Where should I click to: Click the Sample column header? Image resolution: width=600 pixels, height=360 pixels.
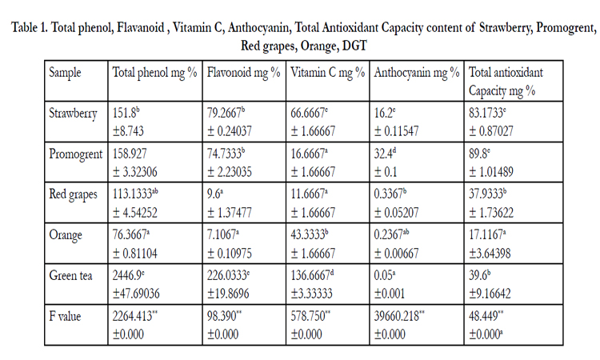click(x=65, y=73)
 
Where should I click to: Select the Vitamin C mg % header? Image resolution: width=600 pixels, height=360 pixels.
click(x=327, y=73)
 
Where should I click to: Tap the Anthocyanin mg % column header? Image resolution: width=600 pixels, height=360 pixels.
click(x=417, y=73)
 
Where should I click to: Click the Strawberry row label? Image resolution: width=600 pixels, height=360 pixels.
click(x=73, y=114)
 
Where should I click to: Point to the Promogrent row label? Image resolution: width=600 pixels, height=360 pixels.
click(x=76, y=154)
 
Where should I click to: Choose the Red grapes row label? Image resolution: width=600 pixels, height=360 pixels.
click(x=73, y=194)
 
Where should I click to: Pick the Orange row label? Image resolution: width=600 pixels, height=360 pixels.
click(x=66, y=235)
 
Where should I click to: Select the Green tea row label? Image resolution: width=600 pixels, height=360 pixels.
click(x=70, y=276)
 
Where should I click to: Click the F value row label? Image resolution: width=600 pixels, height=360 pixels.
click(x=65, y=316)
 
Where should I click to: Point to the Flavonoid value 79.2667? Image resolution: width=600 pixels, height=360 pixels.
click(x=224, y=114)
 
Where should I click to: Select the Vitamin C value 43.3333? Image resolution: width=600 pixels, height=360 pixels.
click(x=308, y=235)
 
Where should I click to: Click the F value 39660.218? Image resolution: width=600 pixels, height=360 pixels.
click(x=397, y=316)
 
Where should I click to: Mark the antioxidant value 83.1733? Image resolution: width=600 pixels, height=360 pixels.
click(x=486, y=114)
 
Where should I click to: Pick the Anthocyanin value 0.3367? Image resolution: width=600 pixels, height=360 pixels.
click(x=388, y=194)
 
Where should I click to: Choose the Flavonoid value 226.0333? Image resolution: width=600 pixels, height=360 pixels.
click(x=227, y=275)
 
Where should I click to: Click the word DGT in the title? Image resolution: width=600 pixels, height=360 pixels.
click(x=354, y=46)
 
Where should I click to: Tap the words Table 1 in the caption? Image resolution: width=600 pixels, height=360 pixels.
click(x=29, y=27)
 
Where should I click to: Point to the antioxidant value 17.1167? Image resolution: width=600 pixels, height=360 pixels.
click(x=486, y=235)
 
